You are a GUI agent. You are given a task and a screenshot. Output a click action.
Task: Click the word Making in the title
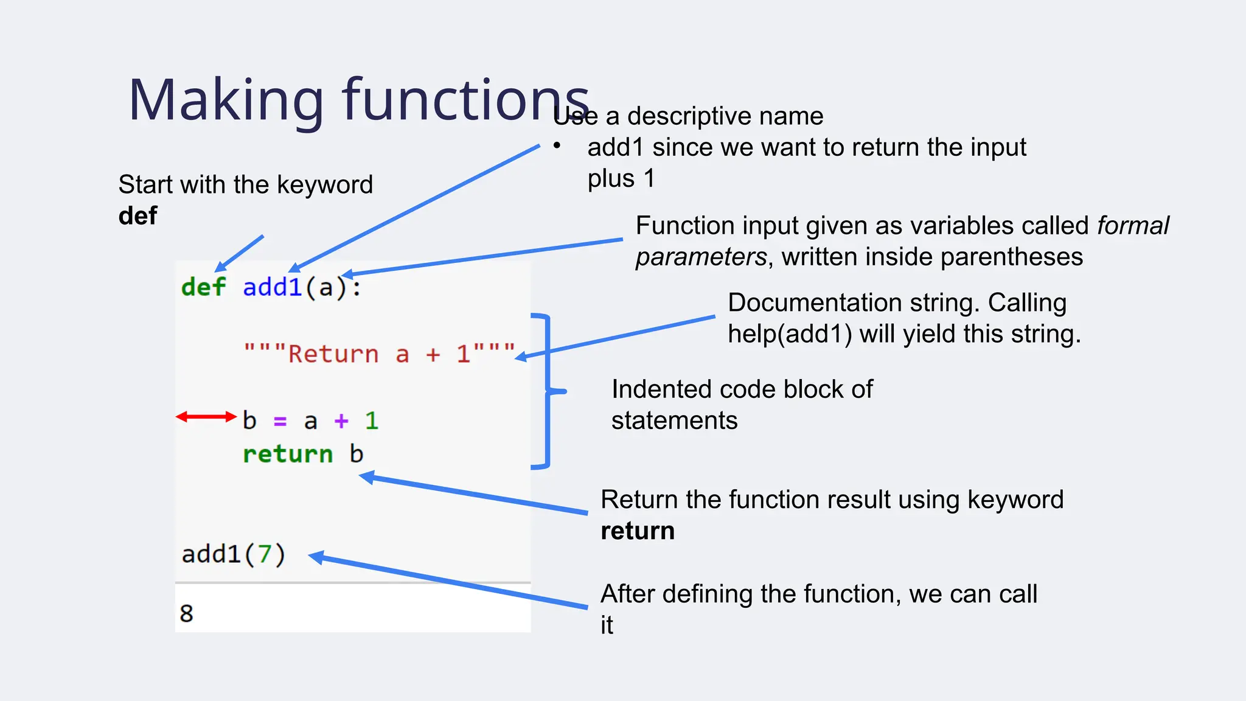(x=225, y=100)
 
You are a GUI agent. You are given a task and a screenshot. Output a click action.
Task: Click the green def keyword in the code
(x=203, y=287)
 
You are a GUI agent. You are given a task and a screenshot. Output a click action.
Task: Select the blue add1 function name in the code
(x=272, y=287)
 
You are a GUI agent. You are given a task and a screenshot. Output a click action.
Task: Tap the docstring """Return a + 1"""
(x=378, y=354)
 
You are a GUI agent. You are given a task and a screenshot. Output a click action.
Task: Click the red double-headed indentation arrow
(x=206, y=417)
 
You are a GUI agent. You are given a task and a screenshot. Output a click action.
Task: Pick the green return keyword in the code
(x=288, y=454)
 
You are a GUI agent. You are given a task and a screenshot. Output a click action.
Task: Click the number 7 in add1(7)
(x=265, y=554)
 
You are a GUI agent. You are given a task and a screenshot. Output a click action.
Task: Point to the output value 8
(x=186, y=613)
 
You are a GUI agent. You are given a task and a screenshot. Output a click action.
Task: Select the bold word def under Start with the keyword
(x=138, y=216)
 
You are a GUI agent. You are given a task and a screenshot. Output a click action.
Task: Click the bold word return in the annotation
(x=638, y=531)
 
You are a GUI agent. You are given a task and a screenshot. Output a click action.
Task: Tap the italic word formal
(x=1132, y=226)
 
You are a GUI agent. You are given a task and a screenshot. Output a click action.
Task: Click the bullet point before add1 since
(x=557, y=146)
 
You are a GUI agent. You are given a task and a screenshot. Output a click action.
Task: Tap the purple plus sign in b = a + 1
(x=341, y=420)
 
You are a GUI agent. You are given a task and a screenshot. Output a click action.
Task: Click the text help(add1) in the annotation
(x=790, y=334)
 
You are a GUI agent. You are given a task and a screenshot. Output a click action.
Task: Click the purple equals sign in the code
(x=280, y=421)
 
